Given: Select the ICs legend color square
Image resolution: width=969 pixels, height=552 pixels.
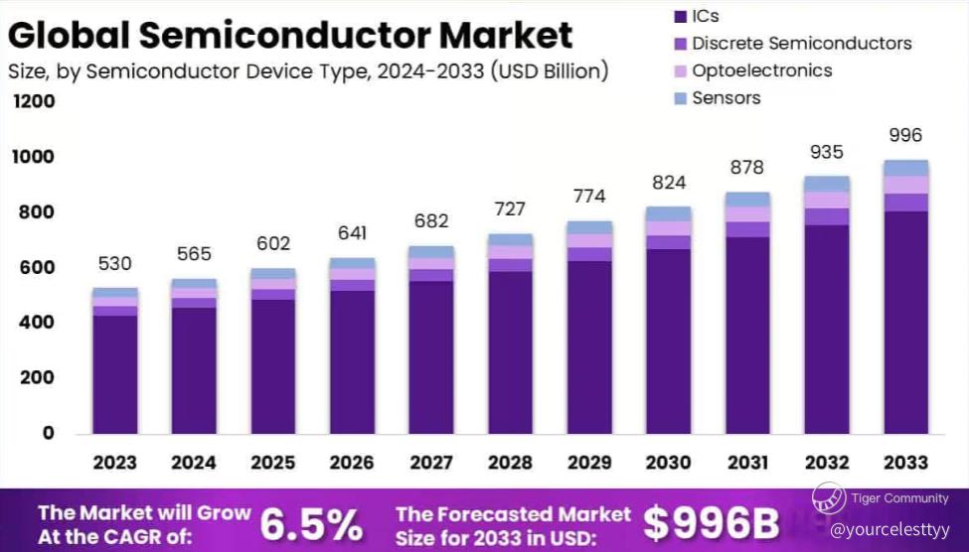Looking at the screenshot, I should pyautogui.click(x=680, y=17).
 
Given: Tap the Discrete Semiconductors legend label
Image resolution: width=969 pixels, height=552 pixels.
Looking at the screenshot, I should pyautogui.click(x=801, y=44).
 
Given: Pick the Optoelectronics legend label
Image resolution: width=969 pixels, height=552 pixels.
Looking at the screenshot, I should pyautogui.click(x=761, y=70).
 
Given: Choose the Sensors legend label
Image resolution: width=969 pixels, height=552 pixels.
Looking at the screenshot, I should pyautogui.click(x=726, y=97).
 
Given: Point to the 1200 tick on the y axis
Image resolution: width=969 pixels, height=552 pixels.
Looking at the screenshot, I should pyautogui.click(x=34, y=102).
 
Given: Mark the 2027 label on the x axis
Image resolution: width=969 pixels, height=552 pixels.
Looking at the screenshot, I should pyautogui.click(x=430, y=463).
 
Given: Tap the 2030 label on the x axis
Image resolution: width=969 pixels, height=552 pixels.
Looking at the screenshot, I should pyautogui.click(x=668, y=463).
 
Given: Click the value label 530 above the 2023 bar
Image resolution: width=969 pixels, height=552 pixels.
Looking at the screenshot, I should pyautogui.click(x=114, y=264).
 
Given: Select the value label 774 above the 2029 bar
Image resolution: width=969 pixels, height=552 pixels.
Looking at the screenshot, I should pyautogui.click(x=588, y=197).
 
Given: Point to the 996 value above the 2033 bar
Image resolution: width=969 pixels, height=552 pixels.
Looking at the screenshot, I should pyautogui.click(x=905, y=136).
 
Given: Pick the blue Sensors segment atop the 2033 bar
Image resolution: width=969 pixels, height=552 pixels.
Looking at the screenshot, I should pyautogui.click(x=905, y=168).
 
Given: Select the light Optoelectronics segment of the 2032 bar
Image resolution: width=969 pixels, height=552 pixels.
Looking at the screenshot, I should pyautogui.click(x=827, y=201).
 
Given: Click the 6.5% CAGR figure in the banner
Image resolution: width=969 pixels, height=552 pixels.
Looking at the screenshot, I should pyautogui.click(x=311, y=523).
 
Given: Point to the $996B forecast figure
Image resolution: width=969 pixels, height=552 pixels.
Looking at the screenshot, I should pyautogui.click(x=712, y=522).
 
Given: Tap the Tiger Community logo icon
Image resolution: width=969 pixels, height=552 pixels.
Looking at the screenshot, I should pyautogui.click(x=829, y=497).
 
